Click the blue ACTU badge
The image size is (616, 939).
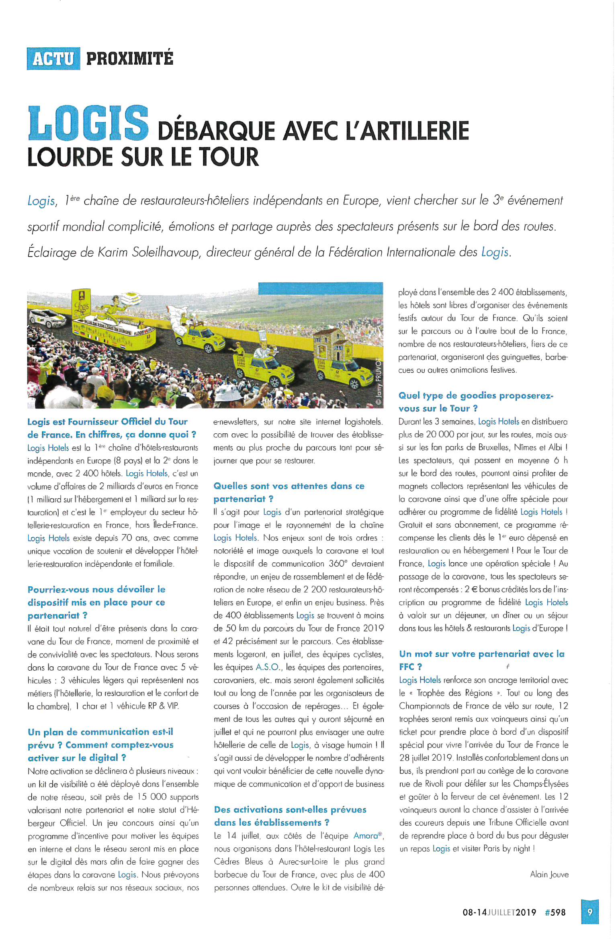53,59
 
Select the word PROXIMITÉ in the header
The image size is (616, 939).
130,59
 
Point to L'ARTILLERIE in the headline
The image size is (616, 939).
407,131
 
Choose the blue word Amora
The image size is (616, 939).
366,836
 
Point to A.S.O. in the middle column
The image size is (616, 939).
268,667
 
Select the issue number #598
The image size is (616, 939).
555,912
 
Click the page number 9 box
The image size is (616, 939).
589,912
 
